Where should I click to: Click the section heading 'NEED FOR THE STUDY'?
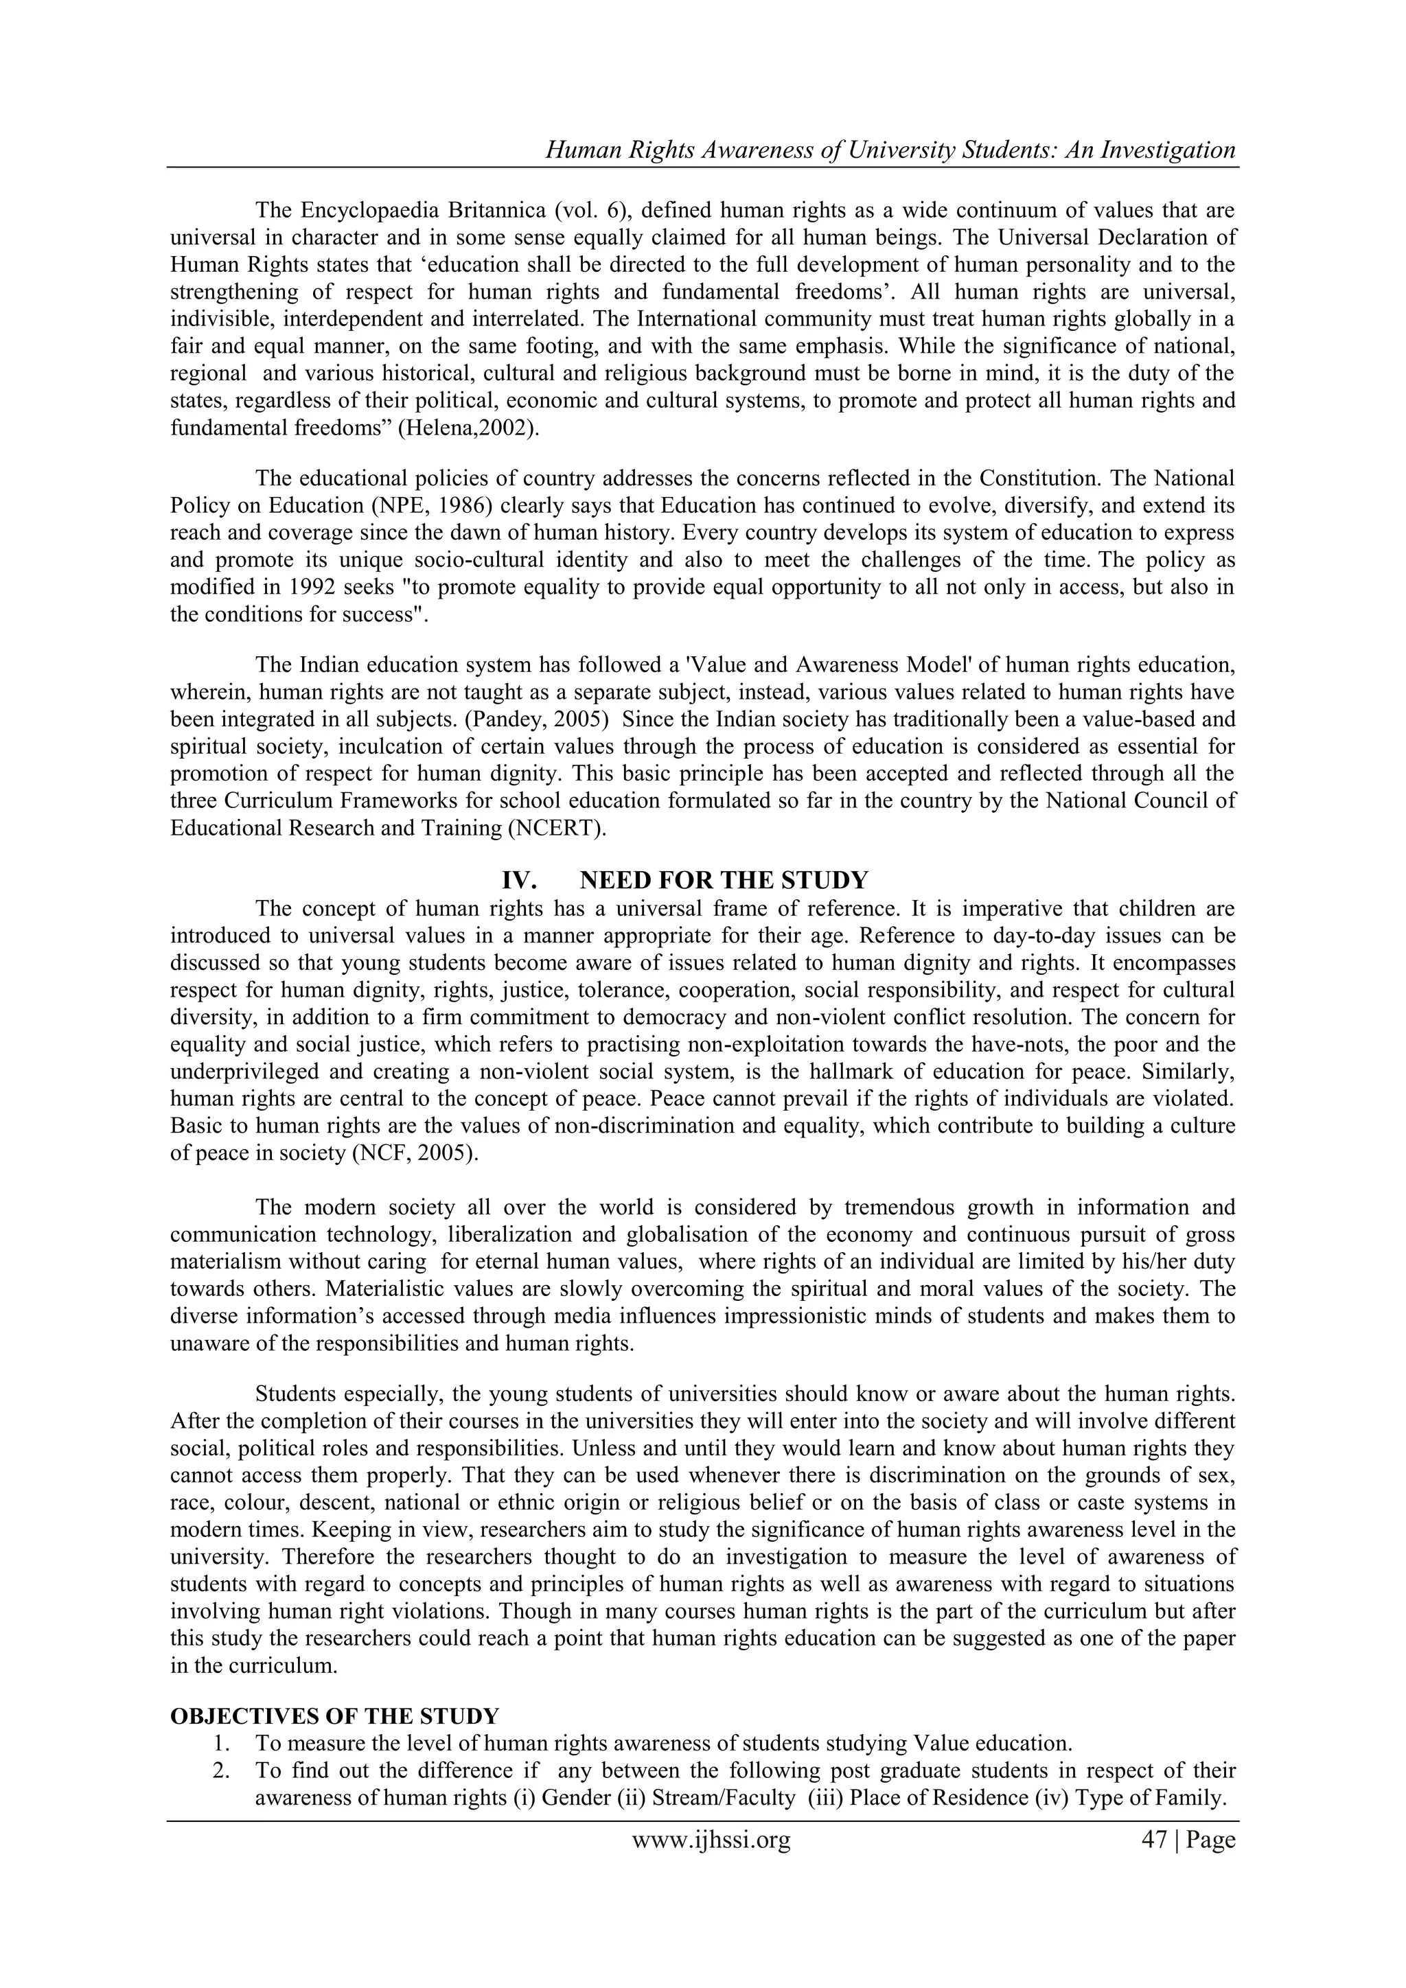click(723, 881)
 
